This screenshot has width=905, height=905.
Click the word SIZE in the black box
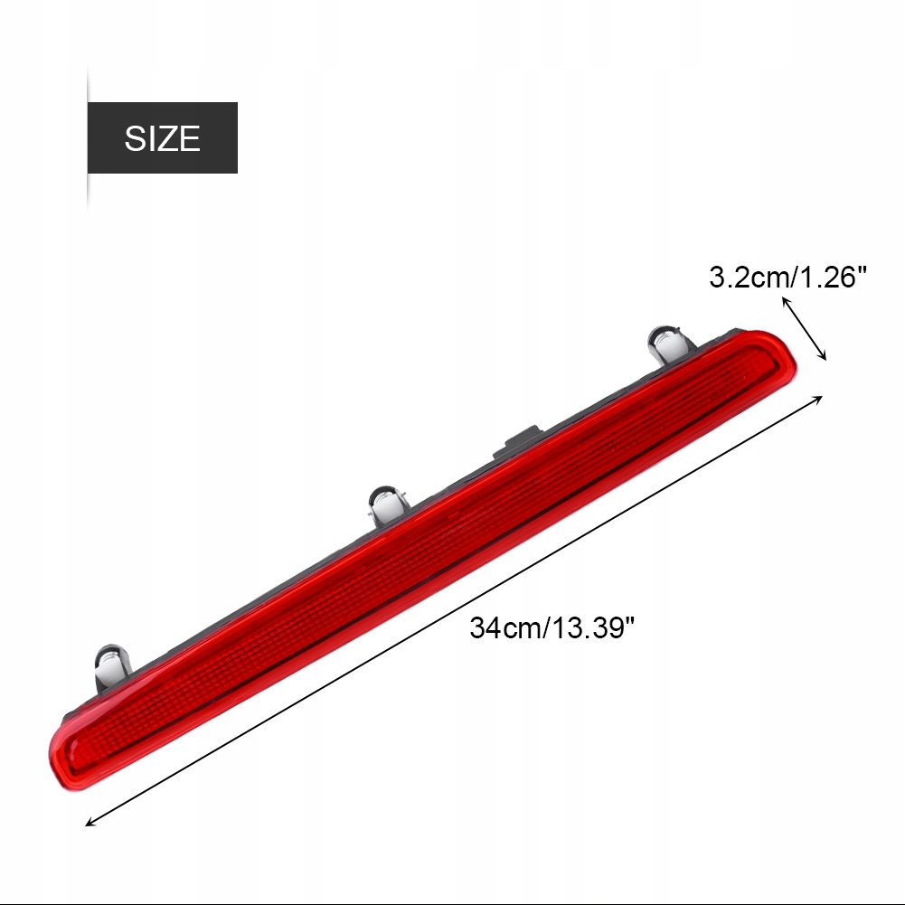tap(162, 138)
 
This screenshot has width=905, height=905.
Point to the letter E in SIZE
tap(189, 138)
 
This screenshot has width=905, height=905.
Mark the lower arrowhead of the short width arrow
tap(825, 357)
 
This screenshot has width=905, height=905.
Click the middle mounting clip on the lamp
tap(388, 505)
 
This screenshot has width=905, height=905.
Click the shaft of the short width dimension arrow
tap(805, 328)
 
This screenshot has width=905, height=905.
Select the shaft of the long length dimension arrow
tap(452, 612)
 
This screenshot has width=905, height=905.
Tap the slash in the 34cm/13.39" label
tap(546, 627)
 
